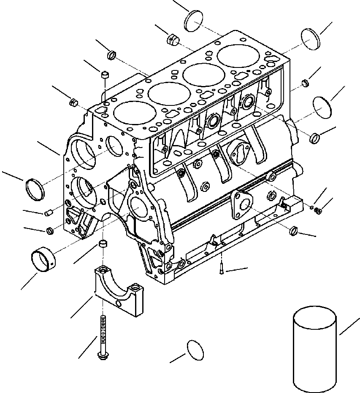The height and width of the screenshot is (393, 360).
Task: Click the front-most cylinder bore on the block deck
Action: pyautogui.click(x=129, y=113)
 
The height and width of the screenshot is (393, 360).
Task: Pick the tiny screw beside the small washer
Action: pyautogui.click(x=319, y=210)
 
